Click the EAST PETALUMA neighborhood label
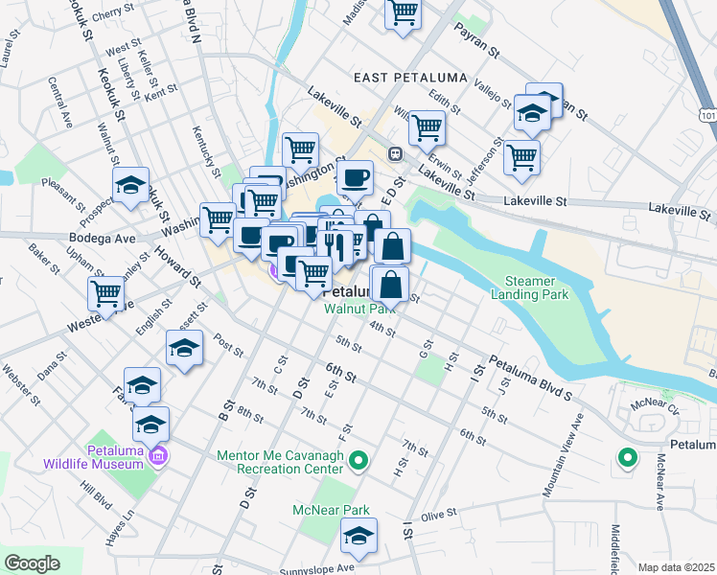point(409,77)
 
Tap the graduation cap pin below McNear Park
point(358,539)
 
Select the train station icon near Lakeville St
point(394,154)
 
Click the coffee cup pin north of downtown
point(356,177)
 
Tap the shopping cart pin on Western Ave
point(106,294)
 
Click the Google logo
point(32,563)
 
